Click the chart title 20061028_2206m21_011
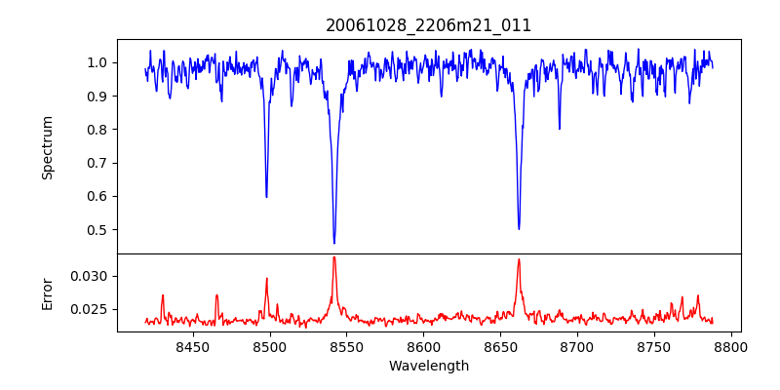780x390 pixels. [429, 25]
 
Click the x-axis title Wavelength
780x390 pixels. [429, 366]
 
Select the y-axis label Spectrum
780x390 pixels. [48, 147]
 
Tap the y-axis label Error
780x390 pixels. [48, 292]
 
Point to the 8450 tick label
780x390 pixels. [193, 346]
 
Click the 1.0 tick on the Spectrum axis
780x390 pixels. [97, 62]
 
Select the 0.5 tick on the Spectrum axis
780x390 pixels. [97, 230]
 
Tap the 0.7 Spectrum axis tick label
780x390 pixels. [97, 163]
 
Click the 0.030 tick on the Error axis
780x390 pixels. [91, 276]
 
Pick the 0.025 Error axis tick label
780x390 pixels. [91, 309]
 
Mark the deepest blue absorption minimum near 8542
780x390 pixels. [334, 243]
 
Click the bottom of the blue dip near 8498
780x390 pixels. [266, 197]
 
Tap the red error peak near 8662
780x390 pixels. [519, 259]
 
